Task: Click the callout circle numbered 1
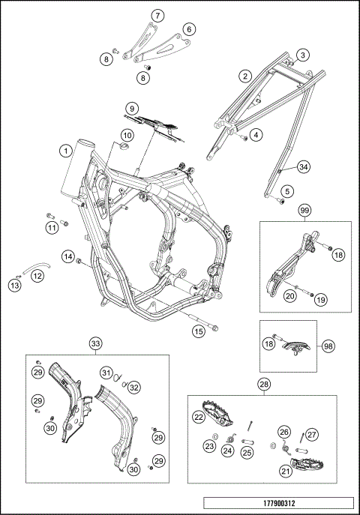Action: click(x=66, y=151)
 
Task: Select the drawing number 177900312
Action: click(x=302, y=55)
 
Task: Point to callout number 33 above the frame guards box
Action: click(x=96, y=343)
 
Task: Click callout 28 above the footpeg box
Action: click(x=263, y=385)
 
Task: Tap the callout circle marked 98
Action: click(x=327, y=346)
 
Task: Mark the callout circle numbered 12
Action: click(x=37, y=275)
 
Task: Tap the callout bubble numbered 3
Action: click(x=302, y=55)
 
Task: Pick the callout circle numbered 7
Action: click(x=157, y=15)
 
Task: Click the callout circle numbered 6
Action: click(x=189, y=28)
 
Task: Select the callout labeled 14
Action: click(x=67, y=257)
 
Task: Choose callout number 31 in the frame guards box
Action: click(x=106, y=373)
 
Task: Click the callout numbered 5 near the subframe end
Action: click(x=285, y=192)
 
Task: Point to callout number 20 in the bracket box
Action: click(x=288, y=296)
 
